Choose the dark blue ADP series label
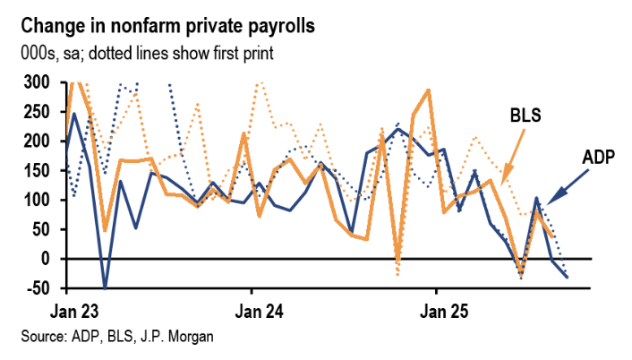pos(599,158)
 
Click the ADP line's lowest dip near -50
pos(106,287)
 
